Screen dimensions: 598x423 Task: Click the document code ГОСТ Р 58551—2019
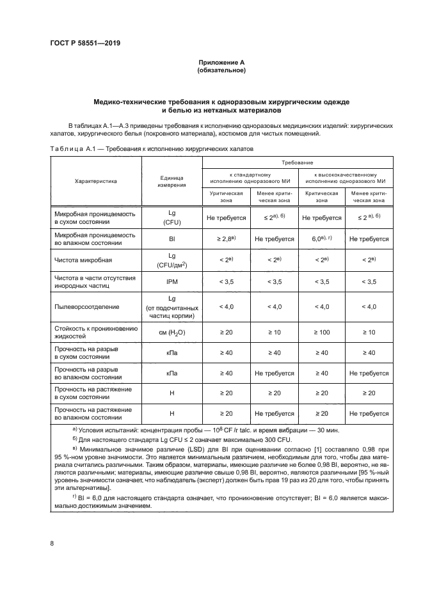click(x=84, y=43)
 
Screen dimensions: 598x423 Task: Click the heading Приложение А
click(x=221, y=62)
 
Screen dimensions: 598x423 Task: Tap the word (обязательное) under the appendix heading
click(x=221, y=70)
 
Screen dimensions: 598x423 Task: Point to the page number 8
click(x=52, y=544)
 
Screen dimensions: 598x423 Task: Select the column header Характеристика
click(x=95, y=181)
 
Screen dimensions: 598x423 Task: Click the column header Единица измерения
click(x=172, y=181)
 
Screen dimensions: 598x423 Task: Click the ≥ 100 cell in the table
click(x=322, y=333)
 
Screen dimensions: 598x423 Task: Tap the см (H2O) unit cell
click(x=172, y=333)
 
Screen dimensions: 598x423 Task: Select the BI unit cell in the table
click(x=172, y=239)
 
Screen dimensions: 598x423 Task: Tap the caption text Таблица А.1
click(x=72, y=148)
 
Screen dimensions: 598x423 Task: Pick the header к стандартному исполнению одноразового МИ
click(x=250, y=177)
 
